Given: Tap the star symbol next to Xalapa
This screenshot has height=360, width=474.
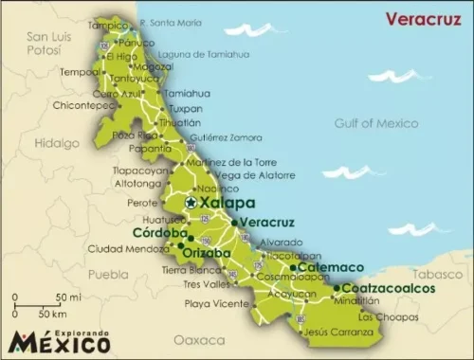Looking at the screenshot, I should [x=191, y=202].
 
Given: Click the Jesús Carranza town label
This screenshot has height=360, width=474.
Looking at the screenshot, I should [x=340, y=331].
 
